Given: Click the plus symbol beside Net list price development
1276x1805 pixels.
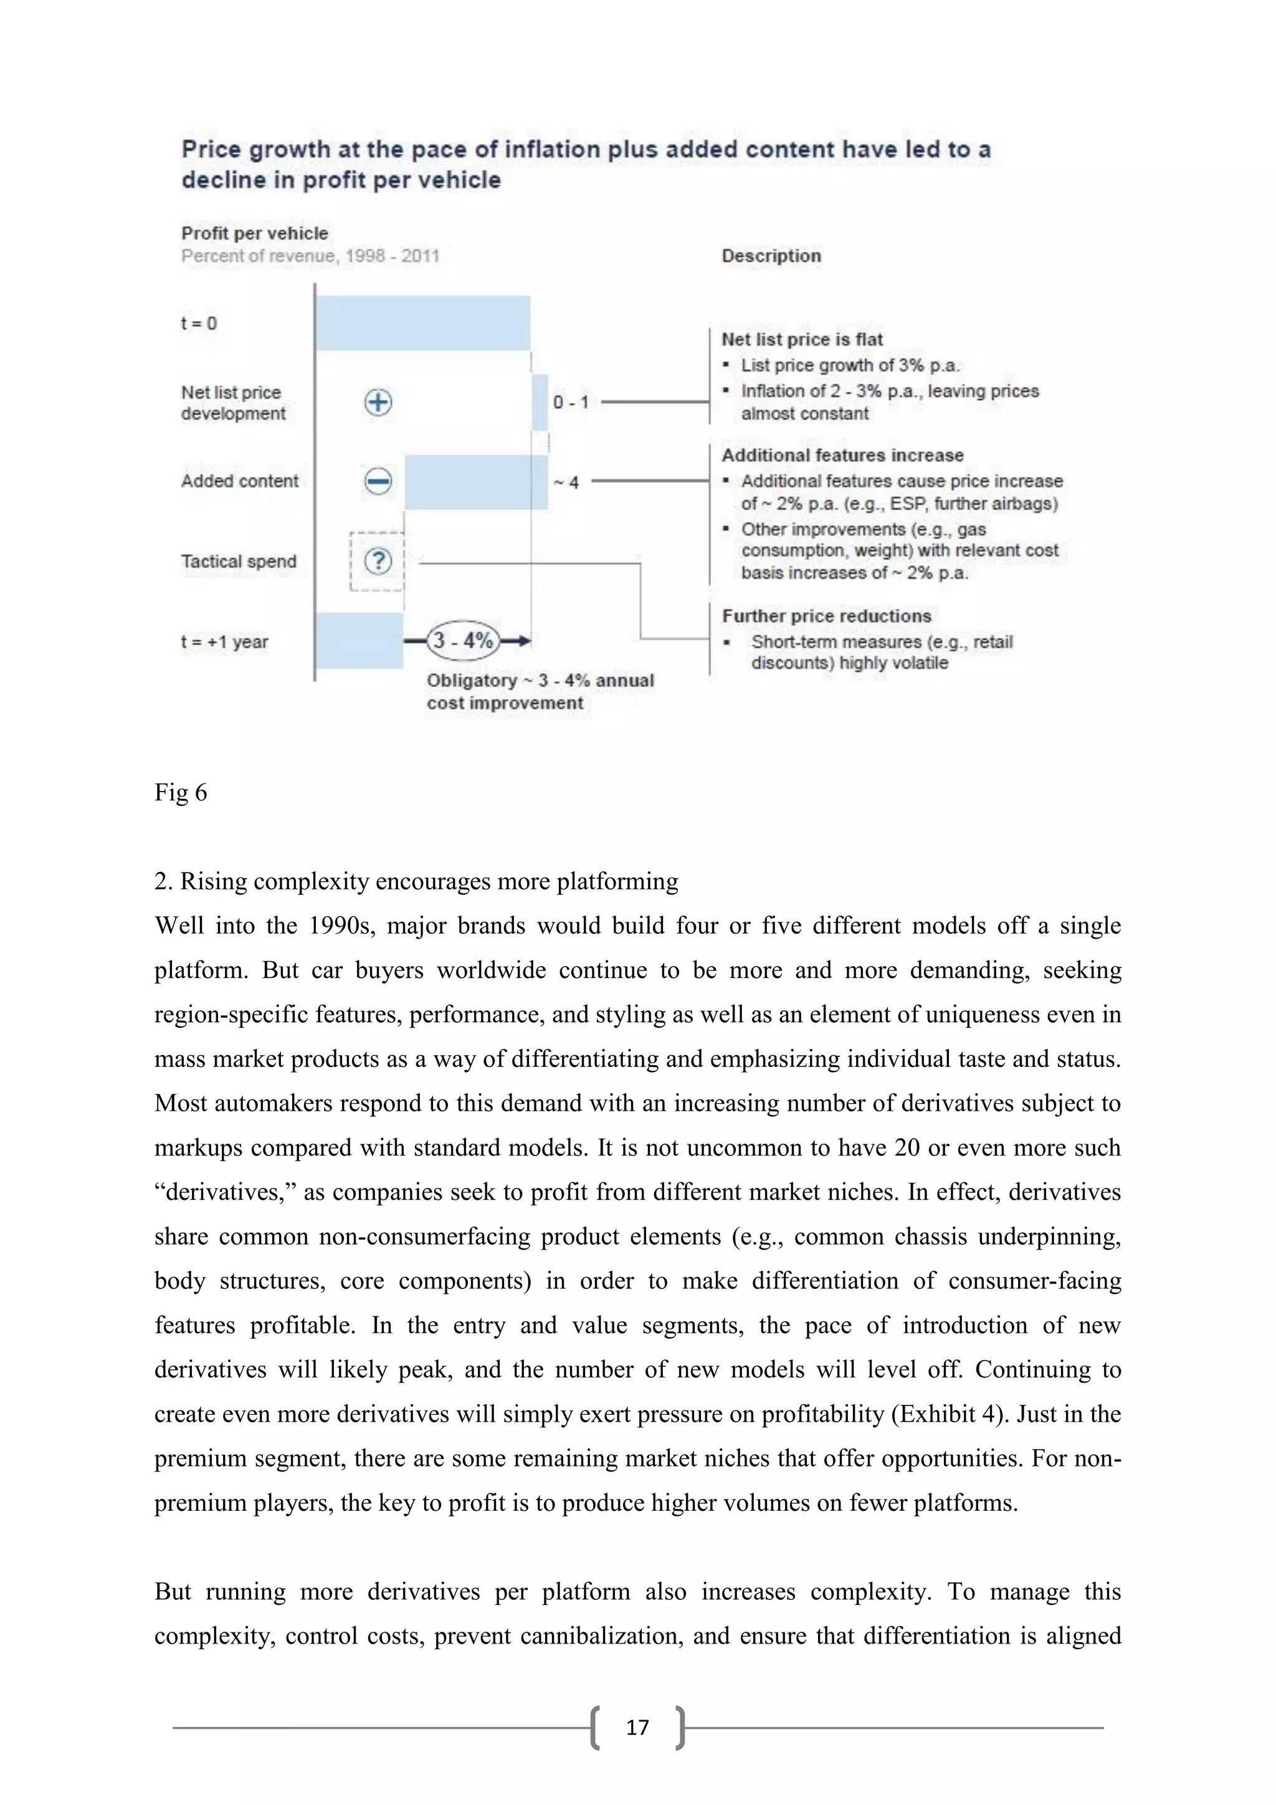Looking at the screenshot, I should click(x=378, y=403).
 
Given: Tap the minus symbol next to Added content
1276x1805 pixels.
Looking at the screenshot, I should click(x=378, y=481).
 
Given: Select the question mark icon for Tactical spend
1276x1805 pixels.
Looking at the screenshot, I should click(x=378, y=562).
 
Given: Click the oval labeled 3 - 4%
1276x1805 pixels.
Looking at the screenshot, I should click(x=463, y=641).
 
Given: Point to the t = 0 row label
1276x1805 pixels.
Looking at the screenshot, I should click(x=199, y=323).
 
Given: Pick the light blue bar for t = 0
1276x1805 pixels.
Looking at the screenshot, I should click(x=422, y=323).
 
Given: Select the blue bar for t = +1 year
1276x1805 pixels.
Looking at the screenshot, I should click(x=359, y=641).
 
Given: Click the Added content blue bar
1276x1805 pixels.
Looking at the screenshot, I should click(x=475, y=482).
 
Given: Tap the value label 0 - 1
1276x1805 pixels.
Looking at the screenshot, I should click(x=571, y=403).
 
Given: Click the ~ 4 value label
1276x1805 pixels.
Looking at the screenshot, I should click(x=566, y=482).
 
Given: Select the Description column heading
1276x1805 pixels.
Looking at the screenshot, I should click(x=771, y=256).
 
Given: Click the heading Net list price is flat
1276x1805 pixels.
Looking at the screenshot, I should click(x=801, y=340).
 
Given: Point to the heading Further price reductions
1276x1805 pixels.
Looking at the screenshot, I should click(x=826, y=616).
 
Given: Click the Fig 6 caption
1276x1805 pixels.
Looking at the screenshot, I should click(x=181, y=792).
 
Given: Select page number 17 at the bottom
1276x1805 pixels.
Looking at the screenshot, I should click(x=637, y=1727).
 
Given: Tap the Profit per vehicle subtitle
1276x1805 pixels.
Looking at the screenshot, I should click(x=255, y=234).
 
